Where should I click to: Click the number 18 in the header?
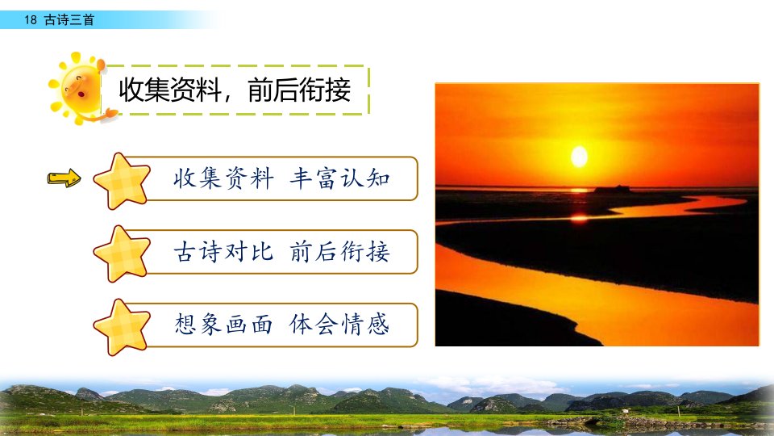click(31, 19)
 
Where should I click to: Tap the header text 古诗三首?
click(69, 19)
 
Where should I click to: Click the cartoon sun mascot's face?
click(80, 89)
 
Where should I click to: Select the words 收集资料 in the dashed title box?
click(169, 90)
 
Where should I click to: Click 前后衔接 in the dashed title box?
click(299, 90)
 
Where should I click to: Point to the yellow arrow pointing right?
click(64, 178)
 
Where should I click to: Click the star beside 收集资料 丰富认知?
click(122, 181)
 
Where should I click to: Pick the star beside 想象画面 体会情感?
click(122, 327)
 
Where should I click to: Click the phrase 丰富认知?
click(339, 178)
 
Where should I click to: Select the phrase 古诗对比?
click(223, 252)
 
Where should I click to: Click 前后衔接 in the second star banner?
click(339, 252)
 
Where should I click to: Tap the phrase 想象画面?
click(223, 325)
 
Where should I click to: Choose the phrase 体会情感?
click(339, 325)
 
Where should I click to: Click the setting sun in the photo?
click(579, 157)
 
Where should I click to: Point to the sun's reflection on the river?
click(580, 217)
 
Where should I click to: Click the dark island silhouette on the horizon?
click(612, 189)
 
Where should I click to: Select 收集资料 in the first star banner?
click(223, 178)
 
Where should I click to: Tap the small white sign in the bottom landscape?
click(625, 411)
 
